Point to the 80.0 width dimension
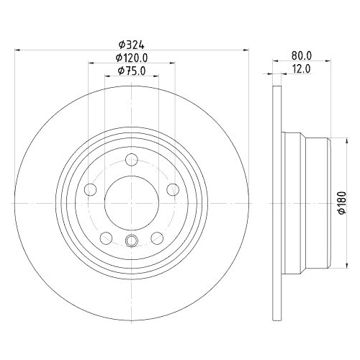pos(301,55)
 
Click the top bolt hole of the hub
pos(131,161)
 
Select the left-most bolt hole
pos(91,189)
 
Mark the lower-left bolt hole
pos(106,237)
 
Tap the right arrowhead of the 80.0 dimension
pos(330,60)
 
